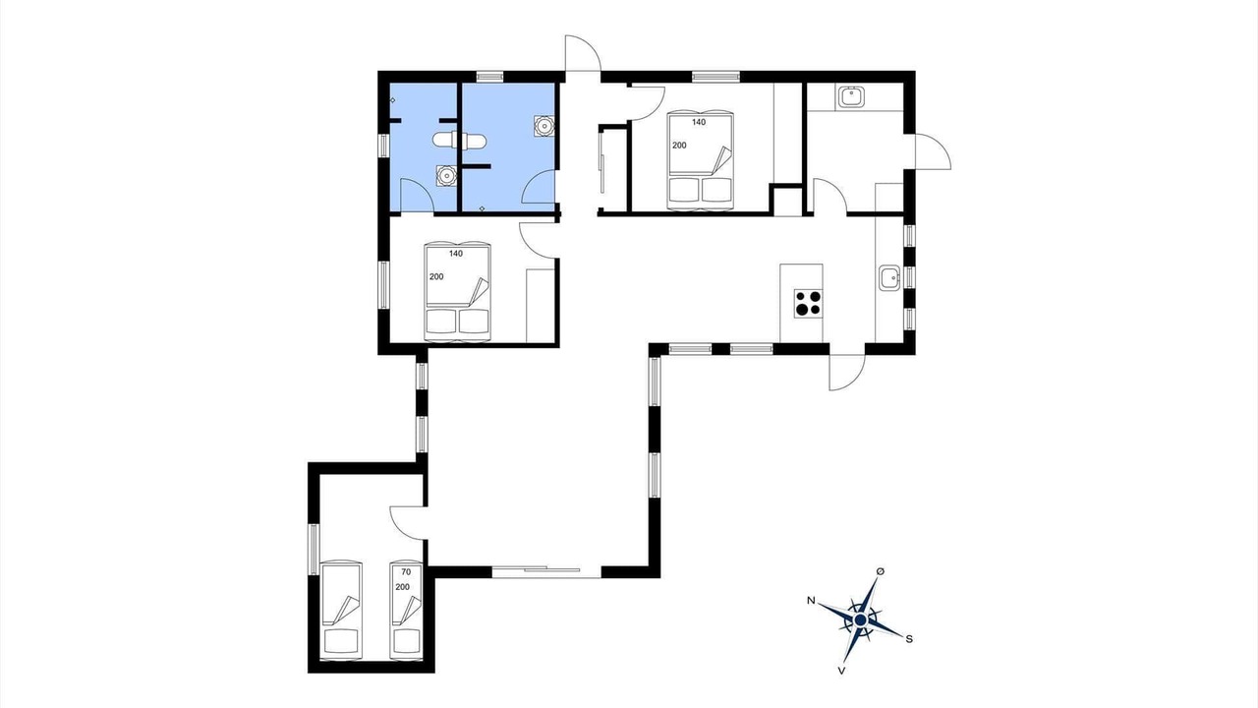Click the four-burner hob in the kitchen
[x=808, y=304]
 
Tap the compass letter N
[x=811, y=600]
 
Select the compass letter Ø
[x=881, y=571]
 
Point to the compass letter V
[x=841, y=671]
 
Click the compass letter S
[x=909, y=639]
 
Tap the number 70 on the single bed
[x=406, y=572]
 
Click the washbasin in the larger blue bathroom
[x=543, y=126]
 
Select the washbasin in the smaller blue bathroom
[x=446, y=176]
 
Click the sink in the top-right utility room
[x=852, y=97]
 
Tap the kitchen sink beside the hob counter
[x=889, y=277]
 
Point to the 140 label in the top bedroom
[x=699, y=122]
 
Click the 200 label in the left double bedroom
[x=436, y=276]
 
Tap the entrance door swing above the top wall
[x=583, y=53]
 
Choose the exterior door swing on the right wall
[x=933, y=151]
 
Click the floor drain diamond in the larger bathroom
[x=482, y=208]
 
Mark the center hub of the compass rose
[x=860, y=619]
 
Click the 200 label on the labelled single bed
[x=403, y=587]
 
